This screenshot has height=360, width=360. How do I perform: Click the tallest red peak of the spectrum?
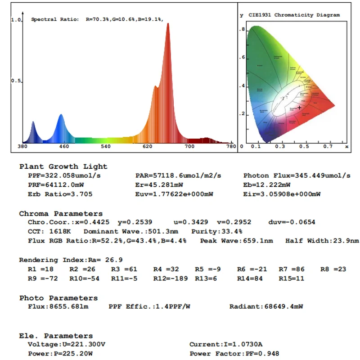pos(168,24)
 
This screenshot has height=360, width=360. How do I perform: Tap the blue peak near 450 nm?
pos(61,116)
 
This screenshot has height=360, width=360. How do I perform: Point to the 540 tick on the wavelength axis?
pos(105,147)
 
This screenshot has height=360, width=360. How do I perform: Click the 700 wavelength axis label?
pos(189,147)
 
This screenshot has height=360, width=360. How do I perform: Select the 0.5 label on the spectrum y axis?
pos(16,81)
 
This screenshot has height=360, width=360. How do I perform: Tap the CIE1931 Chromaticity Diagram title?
pos(294,15)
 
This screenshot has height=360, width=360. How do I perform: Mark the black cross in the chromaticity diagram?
pos(299,108)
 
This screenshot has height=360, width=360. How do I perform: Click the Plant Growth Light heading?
pos(63,166)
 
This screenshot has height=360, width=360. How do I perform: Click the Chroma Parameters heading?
pos(61,214)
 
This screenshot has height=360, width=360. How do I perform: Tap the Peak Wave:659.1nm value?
pos(237,241)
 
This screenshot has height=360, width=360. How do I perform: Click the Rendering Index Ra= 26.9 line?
pos(71,260)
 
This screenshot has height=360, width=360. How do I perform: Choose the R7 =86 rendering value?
pos(292,269)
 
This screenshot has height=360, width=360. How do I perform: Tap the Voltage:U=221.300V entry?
pos(67,344)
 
